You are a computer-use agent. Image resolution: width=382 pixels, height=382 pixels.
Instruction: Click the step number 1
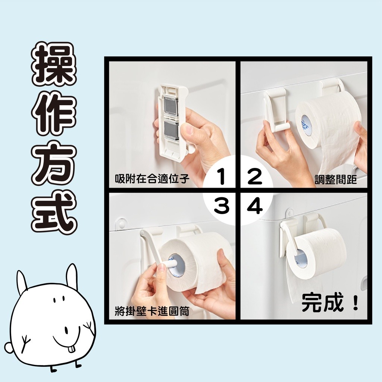click(x=222, y=177)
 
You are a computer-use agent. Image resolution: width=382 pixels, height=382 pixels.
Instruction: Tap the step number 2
click(x=254, y=177)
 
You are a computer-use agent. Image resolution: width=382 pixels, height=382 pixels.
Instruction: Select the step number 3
click(x=222, y=207)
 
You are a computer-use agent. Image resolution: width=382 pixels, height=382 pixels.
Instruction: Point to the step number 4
click(x=255, y=207)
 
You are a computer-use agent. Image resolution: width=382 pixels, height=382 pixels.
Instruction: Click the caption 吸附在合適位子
click(x=152, y=179)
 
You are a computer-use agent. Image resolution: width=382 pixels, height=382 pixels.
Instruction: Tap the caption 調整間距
click(x=336, y=180)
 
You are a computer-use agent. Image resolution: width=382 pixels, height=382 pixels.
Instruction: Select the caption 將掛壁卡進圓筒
click(x=152, y=311)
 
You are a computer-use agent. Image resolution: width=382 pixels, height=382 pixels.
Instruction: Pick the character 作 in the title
click(x=54, y=113)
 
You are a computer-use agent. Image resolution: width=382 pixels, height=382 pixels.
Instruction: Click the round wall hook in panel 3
click(x=122, y=223)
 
